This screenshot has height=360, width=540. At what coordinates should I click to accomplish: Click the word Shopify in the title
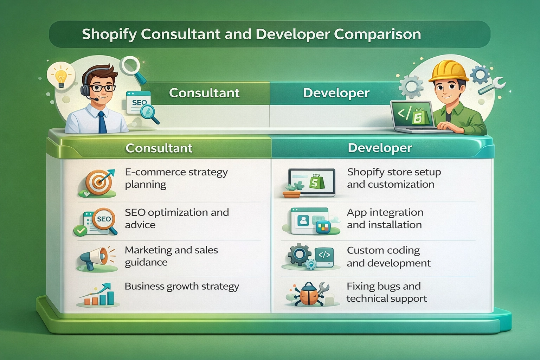coord(109,34)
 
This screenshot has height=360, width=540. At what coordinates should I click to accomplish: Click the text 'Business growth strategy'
coord(182,286)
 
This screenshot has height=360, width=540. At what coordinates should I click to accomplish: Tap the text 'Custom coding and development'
coord(388,257)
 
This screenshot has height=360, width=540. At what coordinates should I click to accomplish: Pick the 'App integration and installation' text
coord(385,218)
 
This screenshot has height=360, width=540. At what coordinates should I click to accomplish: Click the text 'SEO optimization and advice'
coord(177,218)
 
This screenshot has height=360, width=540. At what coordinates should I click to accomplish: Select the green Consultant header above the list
coord(159,148)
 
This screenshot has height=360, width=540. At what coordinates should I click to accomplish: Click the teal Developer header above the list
coord(380,148)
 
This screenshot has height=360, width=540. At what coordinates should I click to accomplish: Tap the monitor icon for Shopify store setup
coord(311,182)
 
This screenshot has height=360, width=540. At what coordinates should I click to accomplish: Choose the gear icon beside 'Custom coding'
coord(299,254)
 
